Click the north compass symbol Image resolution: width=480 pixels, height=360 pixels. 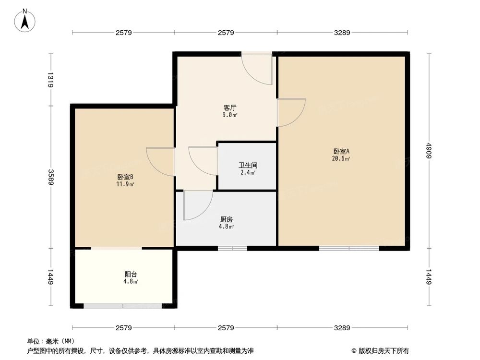[x=25, y=20]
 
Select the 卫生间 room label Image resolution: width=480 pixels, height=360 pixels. [x=248, y=165]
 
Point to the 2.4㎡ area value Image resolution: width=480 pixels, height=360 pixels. [x=248, y=173]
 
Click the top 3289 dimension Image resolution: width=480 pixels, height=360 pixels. [x=343, y=33]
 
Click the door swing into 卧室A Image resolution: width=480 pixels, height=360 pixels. [x=291, y=112]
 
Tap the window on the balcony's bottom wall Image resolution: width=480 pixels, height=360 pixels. [x=122, y=306]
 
